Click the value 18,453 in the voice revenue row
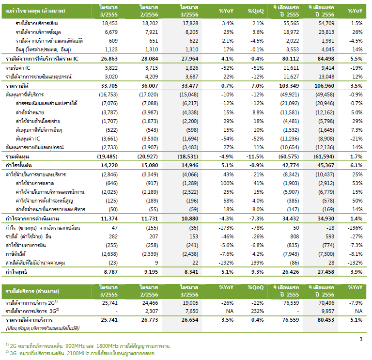point(110,23)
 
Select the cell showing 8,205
point(192,32)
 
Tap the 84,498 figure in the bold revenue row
point(325,59)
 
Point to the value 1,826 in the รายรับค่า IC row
point(192,68)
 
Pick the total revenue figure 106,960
point(325,86)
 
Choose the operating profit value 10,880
point(190,219)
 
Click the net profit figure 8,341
point(191,272)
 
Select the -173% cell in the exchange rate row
point(226,228)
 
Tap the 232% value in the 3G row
point(257,311)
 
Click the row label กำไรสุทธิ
point(16,272)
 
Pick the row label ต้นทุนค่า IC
point(28,139)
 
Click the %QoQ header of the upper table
point(256,11)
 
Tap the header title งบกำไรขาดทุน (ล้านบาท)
point(35,11)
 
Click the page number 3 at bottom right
point(361,339)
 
